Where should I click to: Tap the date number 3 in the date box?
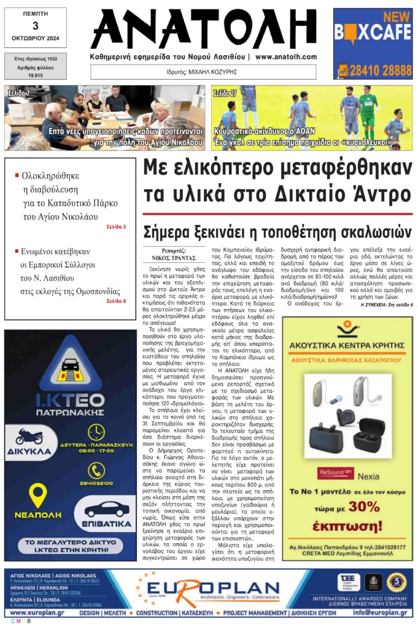point(35,25)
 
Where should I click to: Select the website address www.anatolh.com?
point(286,57)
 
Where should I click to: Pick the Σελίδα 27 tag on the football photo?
point(225,93)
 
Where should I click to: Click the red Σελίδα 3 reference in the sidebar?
point(116,227)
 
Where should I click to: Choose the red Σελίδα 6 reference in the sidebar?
point(116,284)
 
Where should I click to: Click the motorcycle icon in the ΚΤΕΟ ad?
point(29,436)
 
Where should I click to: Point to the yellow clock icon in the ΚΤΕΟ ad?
point(96,432)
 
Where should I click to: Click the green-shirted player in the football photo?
point(369,111)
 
